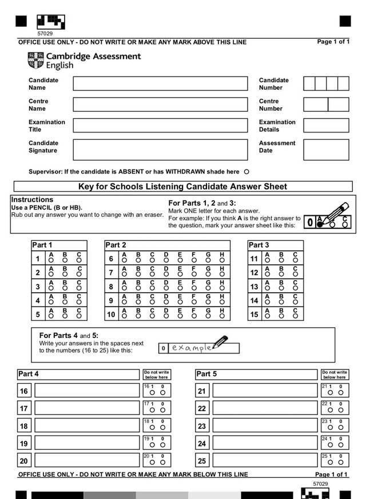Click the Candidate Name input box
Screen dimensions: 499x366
click(160, 84)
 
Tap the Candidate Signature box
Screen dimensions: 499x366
click(160, 149)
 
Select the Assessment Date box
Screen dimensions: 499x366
click(326, 149)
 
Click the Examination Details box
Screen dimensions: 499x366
click(326, 126)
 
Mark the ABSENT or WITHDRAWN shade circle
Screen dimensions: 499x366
click(246, 172)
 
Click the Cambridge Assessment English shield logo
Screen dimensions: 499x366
click(35, 60)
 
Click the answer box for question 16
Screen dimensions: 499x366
click(87, 391)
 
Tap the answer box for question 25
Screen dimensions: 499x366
click(265, 460)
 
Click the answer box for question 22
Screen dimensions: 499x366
click(265, 408)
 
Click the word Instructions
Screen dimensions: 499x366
click(32, 200)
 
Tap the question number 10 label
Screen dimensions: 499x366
click(111, 315)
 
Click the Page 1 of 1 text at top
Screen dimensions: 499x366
click(333, 42)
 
